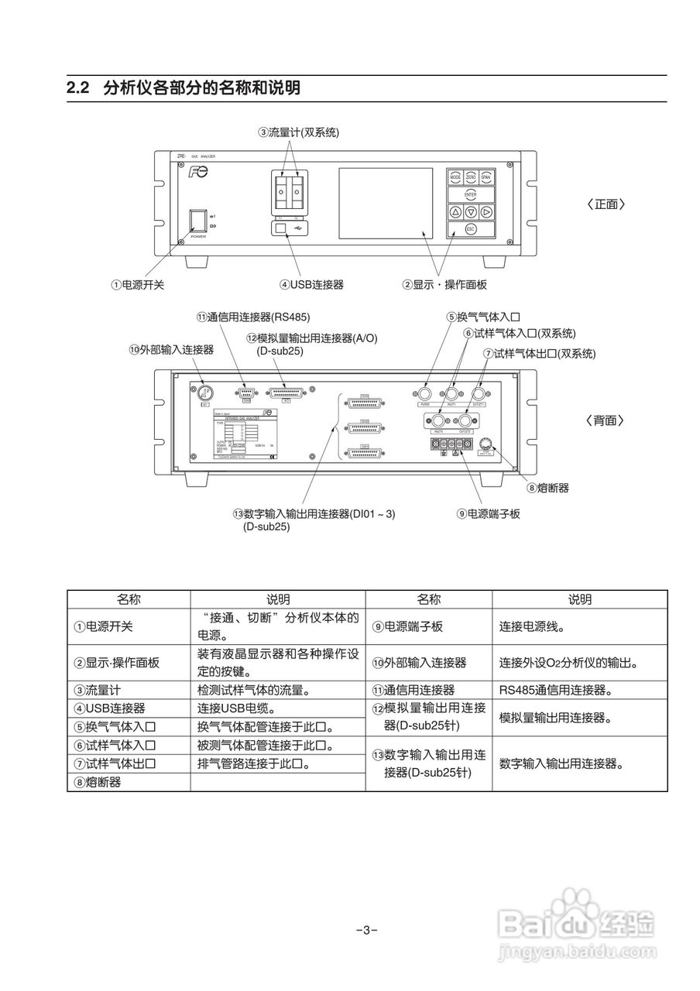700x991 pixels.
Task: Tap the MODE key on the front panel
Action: pyautogui.click(x=455, y=177)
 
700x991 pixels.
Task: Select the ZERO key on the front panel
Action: pyautogui.click(x=470, y=177)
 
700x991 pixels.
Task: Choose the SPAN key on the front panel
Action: pyautogui.click(x=486, y=177)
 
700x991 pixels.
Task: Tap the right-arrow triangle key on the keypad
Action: pyautogui.click(x=486, y=211)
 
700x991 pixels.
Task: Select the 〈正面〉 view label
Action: pyautogui.click(x=606, y=204)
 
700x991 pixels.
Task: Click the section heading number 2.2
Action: pyautogui.click(x=80, y=87)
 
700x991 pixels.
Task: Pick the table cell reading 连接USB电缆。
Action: pyautogui.click(x=235, y=708)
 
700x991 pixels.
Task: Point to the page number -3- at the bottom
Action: pyautogui.click(x=366, y=930)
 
